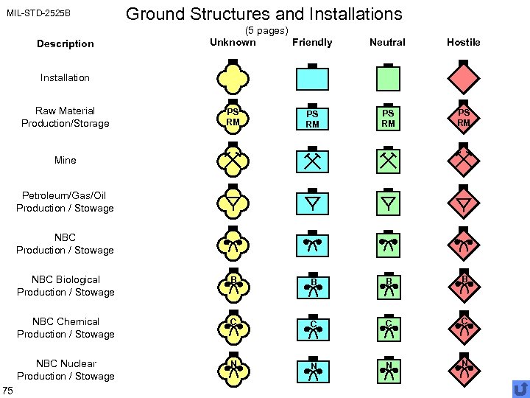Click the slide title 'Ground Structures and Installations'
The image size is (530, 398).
[x=264, y=13]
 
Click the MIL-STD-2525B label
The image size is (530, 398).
[x=38, y=14]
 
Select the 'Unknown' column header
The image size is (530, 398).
[x=233, y=42]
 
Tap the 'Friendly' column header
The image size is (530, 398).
[x=312, y=42]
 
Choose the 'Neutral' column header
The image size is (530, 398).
[x=387, y=42]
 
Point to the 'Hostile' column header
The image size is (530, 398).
[x=464, y=42]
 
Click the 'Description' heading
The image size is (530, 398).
[x=66, y=43]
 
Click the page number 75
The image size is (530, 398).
[x=8, y=389]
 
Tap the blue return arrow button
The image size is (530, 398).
[x=520, y=388]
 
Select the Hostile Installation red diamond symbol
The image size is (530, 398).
[x=464, y=77]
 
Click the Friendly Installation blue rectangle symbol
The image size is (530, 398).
[x=312, y=77]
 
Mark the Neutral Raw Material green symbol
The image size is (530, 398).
[x=388, y=119]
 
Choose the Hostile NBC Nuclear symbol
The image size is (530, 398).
[x=464, y=369]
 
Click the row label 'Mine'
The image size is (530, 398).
[x=65, y=160]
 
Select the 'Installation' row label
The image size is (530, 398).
[x=65, y=77]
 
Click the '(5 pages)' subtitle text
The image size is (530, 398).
[x=266, y=30]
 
